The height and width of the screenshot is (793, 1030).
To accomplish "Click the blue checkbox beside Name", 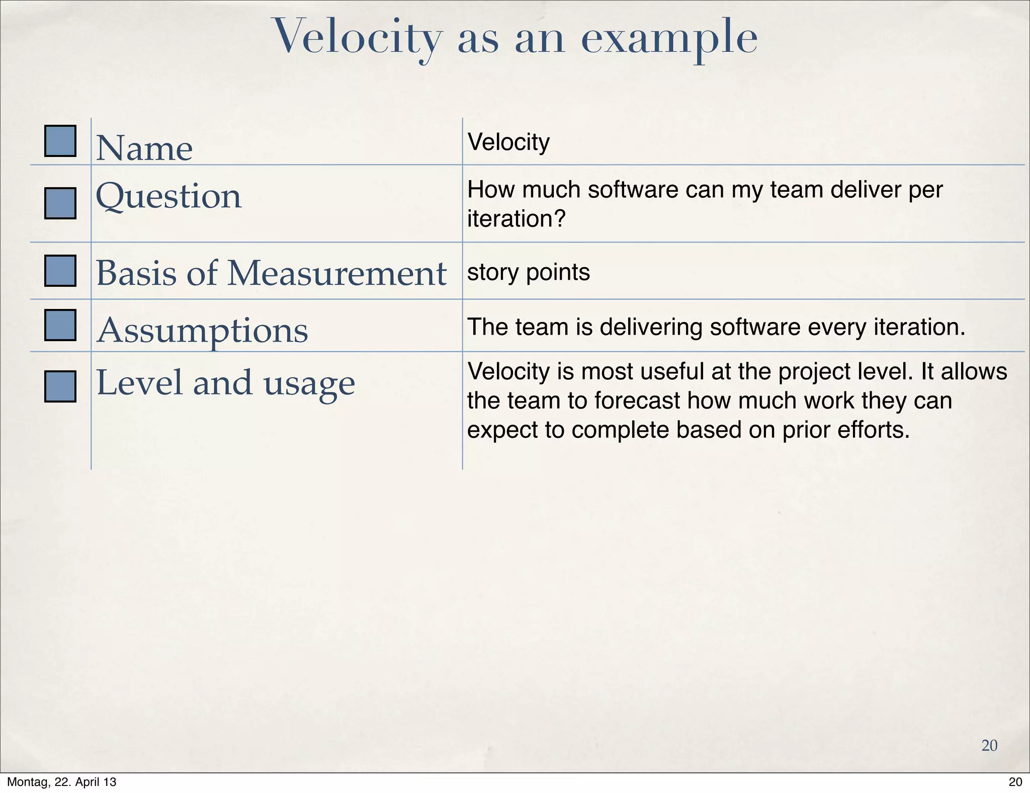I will pyautogui.click(x=60, y=141).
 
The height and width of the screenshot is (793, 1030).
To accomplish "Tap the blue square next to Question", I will pyautogui.click(x=60, y=203).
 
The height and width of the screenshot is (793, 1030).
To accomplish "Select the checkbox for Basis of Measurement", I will pyautogui.click(x=60, y=271).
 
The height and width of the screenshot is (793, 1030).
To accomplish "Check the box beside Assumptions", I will pyautogui.click(x=60, y=325).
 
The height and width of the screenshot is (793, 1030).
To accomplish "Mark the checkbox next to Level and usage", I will pyautogui.click(x=60, y=386).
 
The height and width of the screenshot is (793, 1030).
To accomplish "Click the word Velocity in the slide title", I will pyautogui.click(x=358, y=38).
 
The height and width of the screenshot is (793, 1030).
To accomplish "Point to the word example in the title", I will pyautogui.click(x=669, y=38).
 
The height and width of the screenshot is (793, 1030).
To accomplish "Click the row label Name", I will pyautogui.click(x=144, y=148).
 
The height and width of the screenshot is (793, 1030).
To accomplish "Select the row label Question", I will pyautogui.click(x=168, y=197).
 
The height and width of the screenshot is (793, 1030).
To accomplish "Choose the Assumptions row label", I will pyautogui.click(x=202, y=331).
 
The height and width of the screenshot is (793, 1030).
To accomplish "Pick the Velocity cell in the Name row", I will pyautogui.click(x=508, y=142).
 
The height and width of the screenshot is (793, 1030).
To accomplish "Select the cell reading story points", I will pyautogui.click(x=528, y=273).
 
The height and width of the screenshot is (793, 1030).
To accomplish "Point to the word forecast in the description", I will pyautogui.click(x=635, y=401).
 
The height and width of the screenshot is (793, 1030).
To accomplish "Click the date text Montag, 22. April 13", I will pyautogui.click(x=62, y=782).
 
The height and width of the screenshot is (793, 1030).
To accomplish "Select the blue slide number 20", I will pyautogui.click(x=989, y=745).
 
